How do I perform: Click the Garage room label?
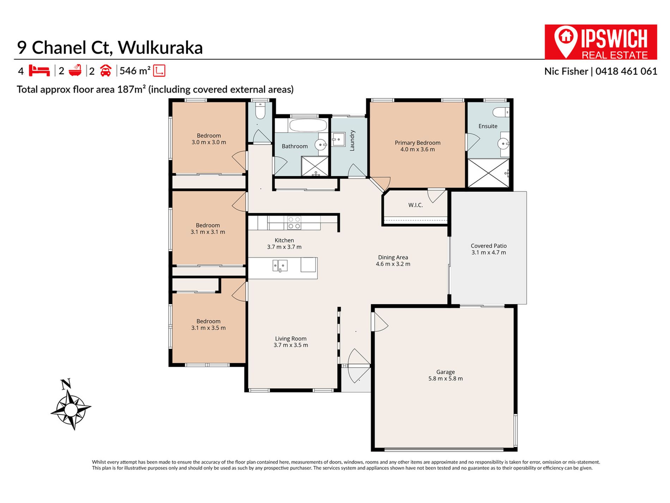tap(445, 372)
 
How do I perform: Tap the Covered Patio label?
tap(488, 246)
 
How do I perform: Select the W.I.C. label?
tap(415, 205)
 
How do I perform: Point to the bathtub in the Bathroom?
tap(308, 125)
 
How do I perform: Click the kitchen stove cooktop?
tap(294, 223)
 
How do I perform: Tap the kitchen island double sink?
tap(280, 265)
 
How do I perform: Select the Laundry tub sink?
tap(339, 139)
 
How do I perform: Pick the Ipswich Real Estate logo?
tap(601, 42)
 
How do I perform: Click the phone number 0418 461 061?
tap(626, 71)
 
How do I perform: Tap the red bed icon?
tap(39, 71)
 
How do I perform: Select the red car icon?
tap(105, 71)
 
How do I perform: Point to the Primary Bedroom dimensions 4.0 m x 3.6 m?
tap(418, 149)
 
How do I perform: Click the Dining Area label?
tap(393, 257)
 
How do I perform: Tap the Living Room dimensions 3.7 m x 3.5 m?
tap(291, 345)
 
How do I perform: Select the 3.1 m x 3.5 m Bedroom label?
tap(208, 324)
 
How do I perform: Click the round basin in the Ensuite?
tap(503, 143)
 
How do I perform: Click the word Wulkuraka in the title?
tap(160, 48)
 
